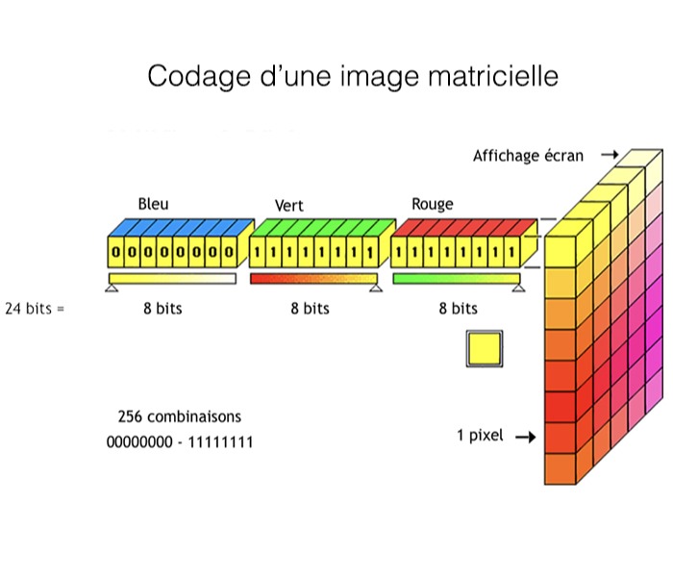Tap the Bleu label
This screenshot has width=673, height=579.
[x=153, y=204]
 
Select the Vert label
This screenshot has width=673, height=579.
[x=288, y=206]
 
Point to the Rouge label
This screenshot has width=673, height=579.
[x=433, y=204]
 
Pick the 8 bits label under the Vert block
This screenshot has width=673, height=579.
[x=310, y=309]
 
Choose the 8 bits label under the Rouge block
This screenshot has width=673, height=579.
[x=458, y=309]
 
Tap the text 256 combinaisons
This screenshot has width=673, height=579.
[x=179, y=417]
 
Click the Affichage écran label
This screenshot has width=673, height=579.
[x=528, y=156]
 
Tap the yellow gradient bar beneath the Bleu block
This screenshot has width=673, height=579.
[x=172, y=279]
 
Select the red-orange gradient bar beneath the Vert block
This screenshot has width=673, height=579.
[x=312, y=279]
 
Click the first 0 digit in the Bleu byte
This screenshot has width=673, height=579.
[x=116, y=253]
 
